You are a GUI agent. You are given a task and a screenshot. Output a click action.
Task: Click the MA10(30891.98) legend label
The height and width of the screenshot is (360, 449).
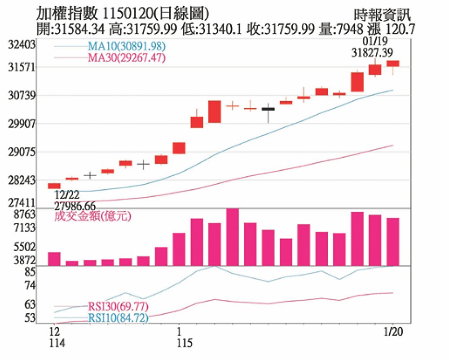(127, 46)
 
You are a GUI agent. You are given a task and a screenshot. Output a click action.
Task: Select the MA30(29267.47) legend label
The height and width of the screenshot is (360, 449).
(127, 58)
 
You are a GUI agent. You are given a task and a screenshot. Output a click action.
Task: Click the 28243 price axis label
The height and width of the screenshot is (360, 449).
(21, 180)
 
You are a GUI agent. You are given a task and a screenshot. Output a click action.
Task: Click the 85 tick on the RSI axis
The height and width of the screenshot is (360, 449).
(30, 272)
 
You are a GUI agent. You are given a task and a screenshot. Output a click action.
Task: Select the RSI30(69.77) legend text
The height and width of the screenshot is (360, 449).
(118, 307)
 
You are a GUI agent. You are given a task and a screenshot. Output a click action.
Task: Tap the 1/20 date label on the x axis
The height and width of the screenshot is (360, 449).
(393, 332)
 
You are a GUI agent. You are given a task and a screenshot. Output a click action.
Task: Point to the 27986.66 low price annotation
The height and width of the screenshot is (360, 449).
(75, 205)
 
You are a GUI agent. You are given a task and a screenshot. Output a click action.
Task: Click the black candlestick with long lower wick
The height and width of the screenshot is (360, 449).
(268, 109)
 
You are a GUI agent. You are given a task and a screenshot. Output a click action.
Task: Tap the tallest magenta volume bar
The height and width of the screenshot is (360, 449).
(232, 237)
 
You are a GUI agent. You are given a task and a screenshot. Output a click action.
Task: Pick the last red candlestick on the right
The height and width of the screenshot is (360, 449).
(393, 63)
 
